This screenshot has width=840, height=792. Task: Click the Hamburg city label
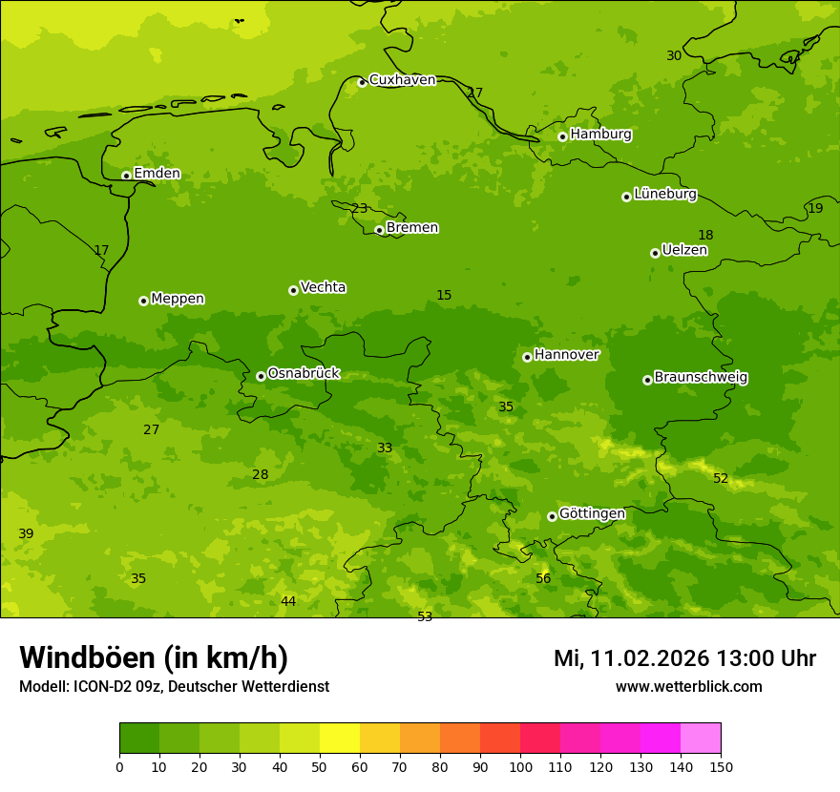[600, 135]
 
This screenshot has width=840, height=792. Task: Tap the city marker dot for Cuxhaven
[362, 82]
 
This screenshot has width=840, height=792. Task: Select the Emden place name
[157, 174]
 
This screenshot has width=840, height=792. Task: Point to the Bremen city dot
[379, 230]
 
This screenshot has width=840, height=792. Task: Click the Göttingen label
[592, 513]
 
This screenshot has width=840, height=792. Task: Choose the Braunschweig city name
[701, 378]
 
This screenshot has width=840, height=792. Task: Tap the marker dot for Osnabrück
[261, 376]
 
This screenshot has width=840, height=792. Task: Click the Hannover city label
[566, 355]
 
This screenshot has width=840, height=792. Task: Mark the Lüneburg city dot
[626, 197]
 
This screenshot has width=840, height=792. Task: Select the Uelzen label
[684, 251]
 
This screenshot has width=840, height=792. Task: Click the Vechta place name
[323, 287]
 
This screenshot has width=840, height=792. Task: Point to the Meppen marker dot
[143, 301]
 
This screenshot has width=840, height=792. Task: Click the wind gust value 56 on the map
[543, 579]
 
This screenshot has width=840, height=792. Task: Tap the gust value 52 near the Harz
[721, 479]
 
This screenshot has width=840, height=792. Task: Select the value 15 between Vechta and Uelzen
[444, 296]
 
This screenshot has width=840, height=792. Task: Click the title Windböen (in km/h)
[154, 657]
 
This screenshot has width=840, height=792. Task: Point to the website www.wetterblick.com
[688, 687]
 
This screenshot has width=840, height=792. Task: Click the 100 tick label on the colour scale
[520, 766]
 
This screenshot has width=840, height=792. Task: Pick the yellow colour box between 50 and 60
[339, 739]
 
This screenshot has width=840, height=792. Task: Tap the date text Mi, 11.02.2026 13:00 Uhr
[684, 658]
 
